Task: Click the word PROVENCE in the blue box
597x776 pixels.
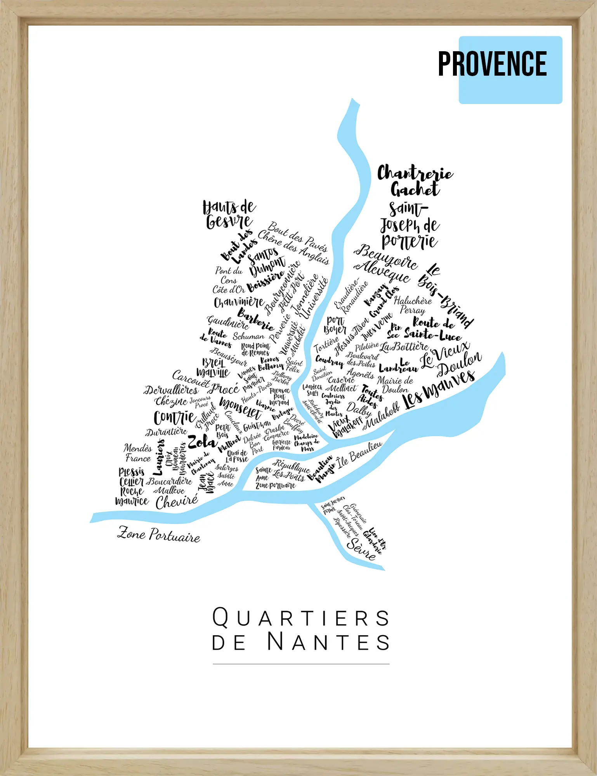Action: pos(492,64)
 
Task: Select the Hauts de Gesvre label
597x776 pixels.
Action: pos(229,215)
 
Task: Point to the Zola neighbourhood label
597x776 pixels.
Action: pos(201,442)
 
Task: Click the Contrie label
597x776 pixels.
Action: pos(174,417)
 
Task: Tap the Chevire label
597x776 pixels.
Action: pos(177,502)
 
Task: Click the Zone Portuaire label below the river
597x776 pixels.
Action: pos(159,535)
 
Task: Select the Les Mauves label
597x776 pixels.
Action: pos(439,389)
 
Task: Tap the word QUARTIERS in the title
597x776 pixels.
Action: pos(301,618)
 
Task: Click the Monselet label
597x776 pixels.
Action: pos(241,407)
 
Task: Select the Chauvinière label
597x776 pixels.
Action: pos(239,302)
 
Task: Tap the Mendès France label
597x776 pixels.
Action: pos(138,453)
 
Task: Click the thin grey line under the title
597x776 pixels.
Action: pos(301,664)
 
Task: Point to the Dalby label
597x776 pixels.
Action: pos(359,409)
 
